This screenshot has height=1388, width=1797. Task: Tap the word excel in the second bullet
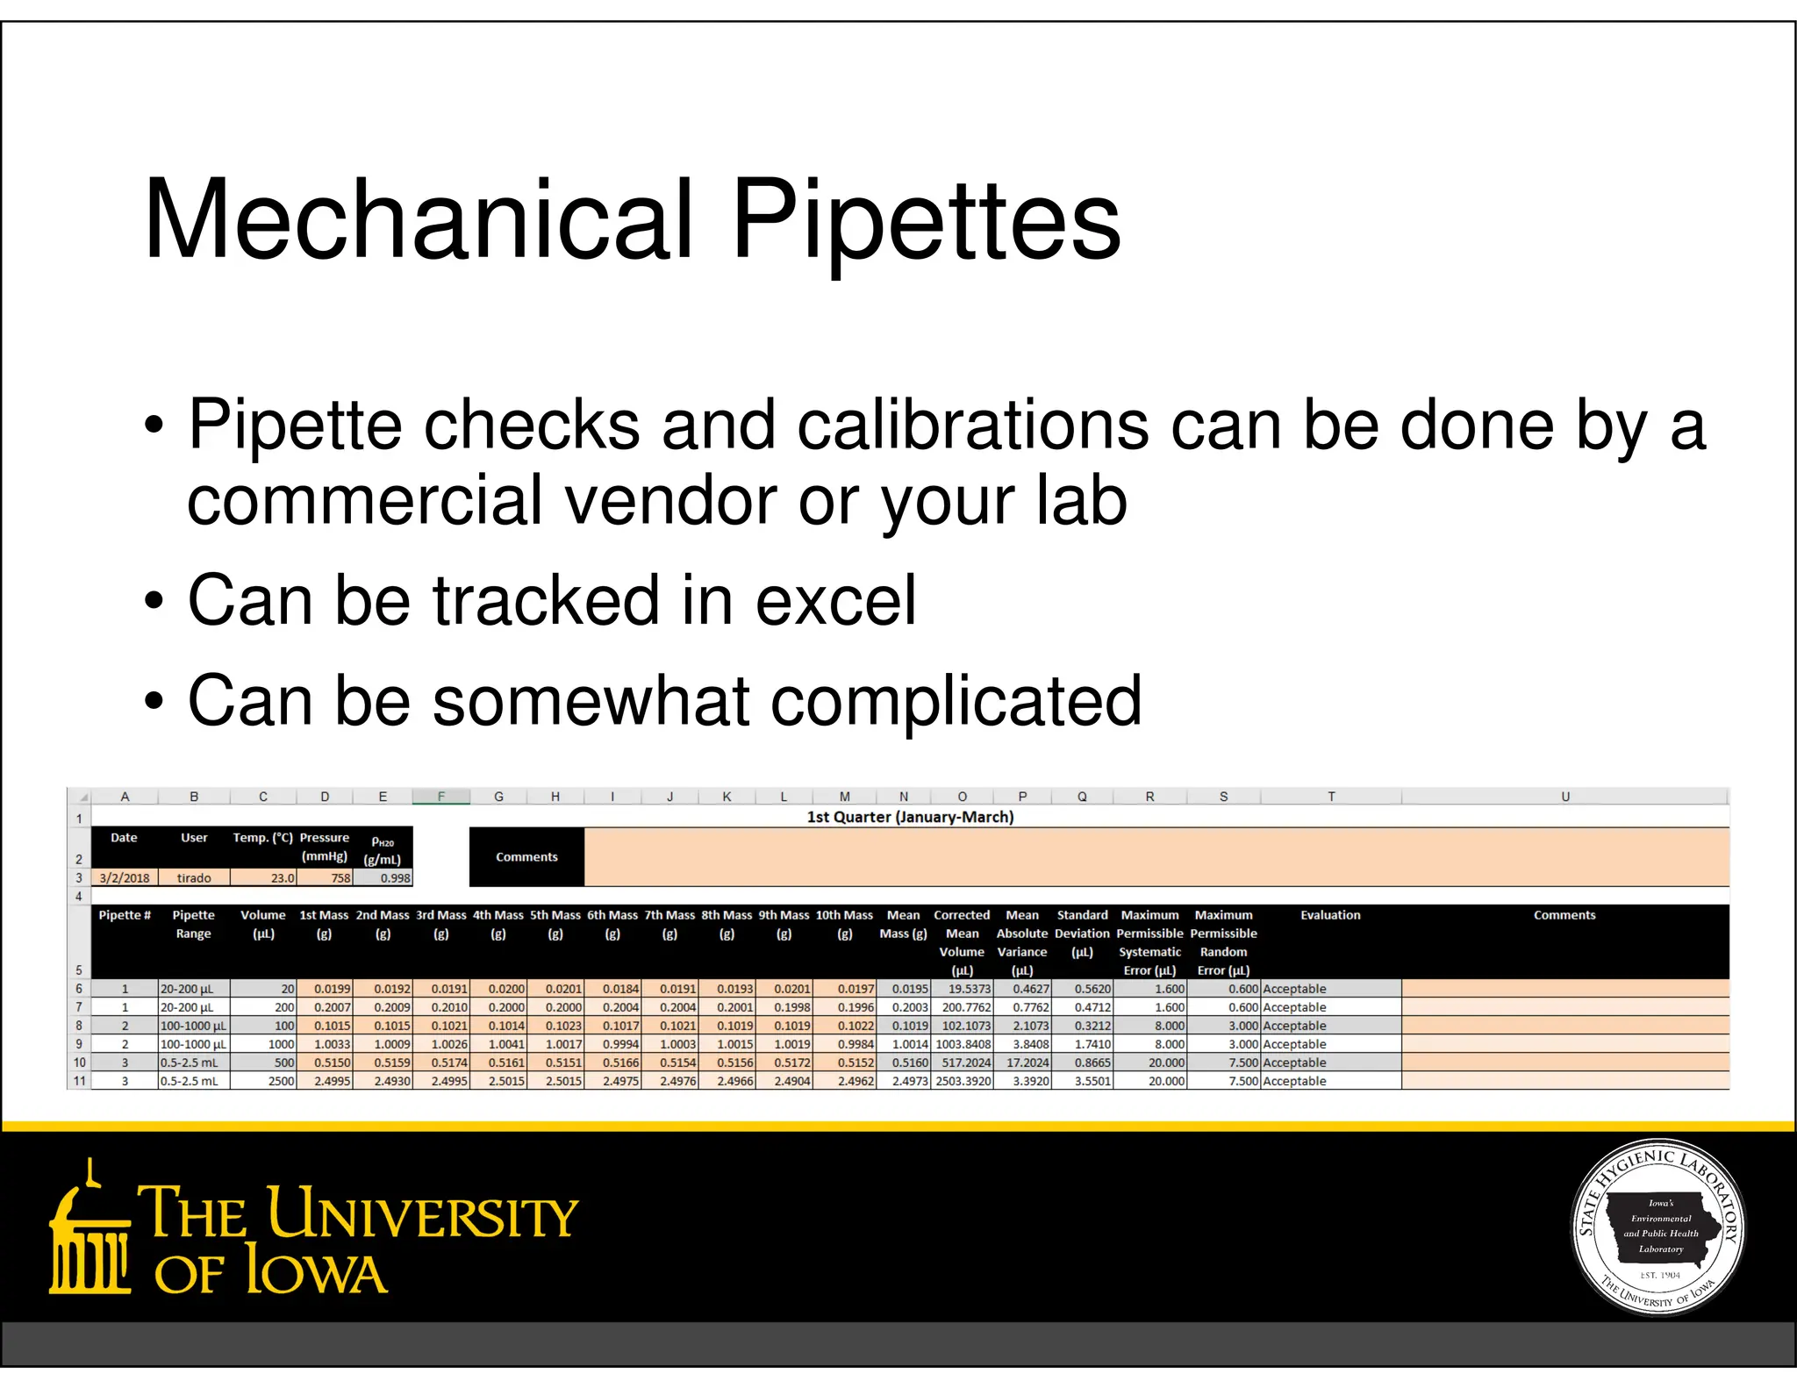[835, 600]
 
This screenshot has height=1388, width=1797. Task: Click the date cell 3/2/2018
[125, 877]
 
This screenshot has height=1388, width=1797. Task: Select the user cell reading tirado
[194, 877]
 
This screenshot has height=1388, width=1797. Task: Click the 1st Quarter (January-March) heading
[910, 817]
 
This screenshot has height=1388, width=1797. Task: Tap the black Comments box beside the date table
[526, 857]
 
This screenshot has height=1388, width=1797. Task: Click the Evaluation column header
[1330, 915]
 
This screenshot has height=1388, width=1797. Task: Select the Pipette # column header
[125, 915]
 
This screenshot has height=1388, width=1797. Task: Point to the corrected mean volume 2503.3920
[963, 1081]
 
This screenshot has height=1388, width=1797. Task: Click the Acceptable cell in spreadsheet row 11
[1294, 1081]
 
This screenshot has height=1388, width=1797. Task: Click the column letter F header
[441, 797]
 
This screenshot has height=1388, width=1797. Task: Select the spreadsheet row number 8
[79, 1026]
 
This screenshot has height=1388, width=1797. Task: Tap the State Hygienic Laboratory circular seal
[1659, 1228]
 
